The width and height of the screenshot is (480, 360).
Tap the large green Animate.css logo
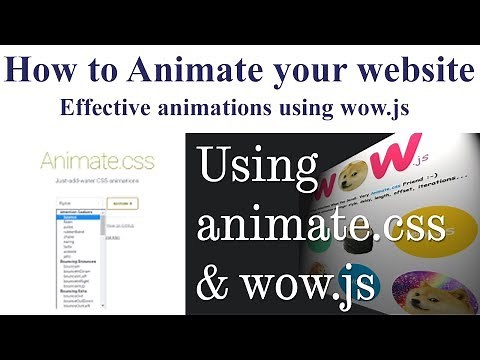pos(93,161)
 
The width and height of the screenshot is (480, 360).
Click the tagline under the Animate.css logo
pos(92,182)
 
